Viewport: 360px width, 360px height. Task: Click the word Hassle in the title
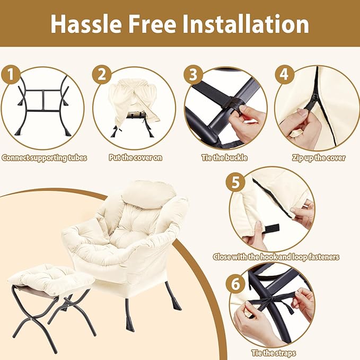(x=86, y=24)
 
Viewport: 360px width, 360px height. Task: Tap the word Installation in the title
(x=245, y=24)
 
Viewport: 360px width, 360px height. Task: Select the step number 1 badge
(x=11, y=74)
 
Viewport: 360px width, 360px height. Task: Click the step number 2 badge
(x=102, y=74)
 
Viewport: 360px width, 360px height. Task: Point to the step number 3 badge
(x=194, y=74)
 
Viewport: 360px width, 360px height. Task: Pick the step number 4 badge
(x=285, y=74)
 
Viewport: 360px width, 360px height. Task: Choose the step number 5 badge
(x=235, y=182)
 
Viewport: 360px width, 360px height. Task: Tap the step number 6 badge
(x=235, y=284)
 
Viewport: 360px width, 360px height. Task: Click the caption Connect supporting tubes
(x=45, y=158)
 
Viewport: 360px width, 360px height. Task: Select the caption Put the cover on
(x=135, y=157)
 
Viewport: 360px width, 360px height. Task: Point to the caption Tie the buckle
(x=225, y=157)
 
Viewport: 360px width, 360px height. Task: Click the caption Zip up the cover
(x=319, y=158)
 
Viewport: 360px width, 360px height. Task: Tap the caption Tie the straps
(x=274, y=353)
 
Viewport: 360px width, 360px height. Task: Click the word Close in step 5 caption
(x=222, y=257)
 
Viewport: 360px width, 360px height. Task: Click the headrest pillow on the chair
(x=148, y=194)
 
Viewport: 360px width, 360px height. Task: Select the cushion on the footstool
(x=51, y=278)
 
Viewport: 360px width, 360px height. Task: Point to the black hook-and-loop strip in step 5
(x=272, y=229)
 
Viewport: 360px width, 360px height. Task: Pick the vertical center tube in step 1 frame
(x=43, y=101)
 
